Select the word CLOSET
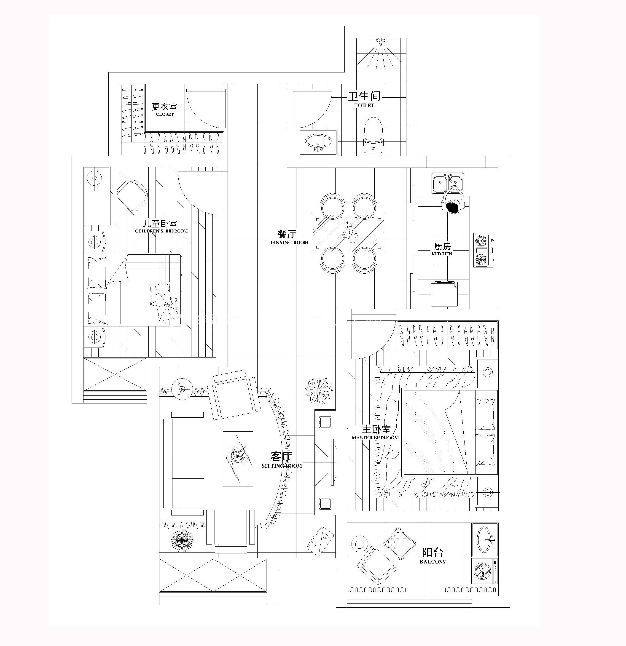click(x=165, y=114)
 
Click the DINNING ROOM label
click(x=289, y=243)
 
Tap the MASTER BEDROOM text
click(x=375, y=438)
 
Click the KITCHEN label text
click(x=442, y=254)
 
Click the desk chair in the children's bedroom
click(x=132, y=195)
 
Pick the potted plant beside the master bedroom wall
click(x=318, y=391)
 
